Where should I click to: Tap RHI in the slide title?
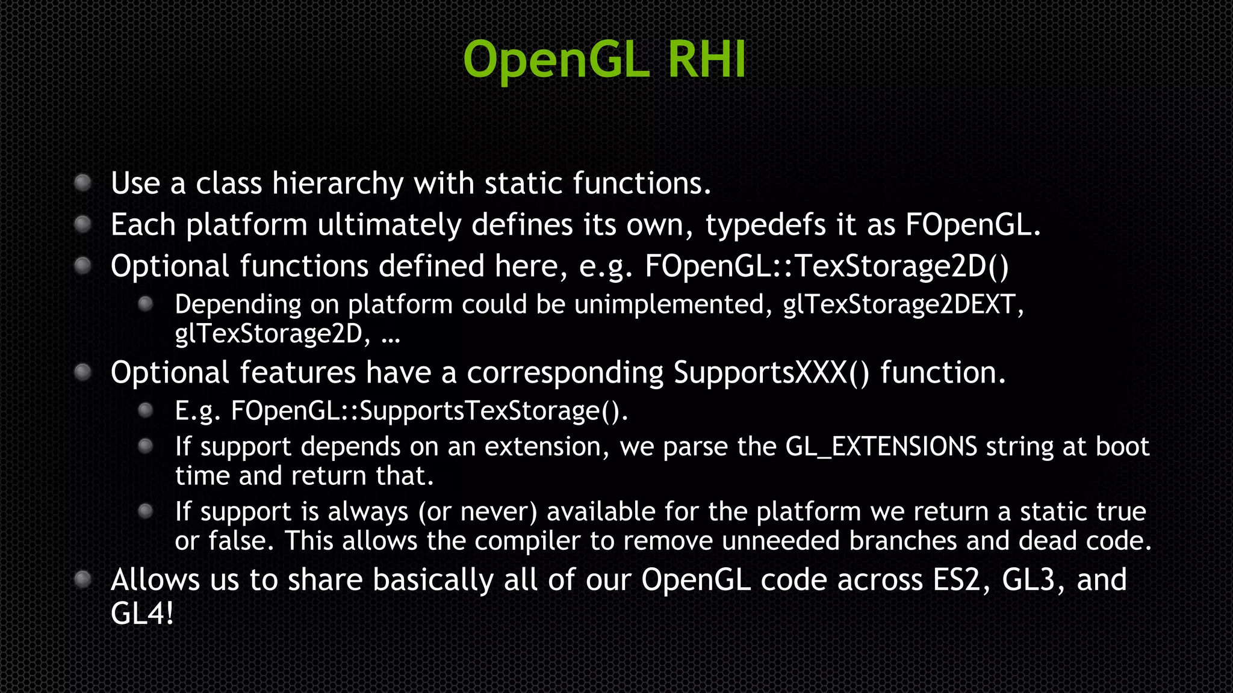click(707, 60)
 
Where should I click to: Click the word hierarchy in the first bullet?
click(337, 183)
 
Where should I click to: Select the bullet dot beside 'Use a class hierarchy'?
click(82, 182)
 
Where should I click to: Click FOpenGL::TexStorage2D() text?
click(827, 266)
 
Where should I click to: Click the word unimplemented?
click(669, 304)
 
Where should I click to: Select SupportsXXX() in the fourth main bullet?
click(771, 373)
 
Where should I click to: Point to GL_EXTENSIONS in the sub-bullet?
click(881, 447)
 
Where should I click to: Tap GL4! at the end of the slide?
click(142, 614)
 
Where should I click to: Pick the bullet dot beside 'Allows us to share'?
click(82, 579)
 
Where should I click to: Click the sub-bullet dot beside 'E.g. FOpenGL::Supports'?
click(145, 410)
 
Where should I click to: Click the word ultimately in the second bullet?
click(389, 226)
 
